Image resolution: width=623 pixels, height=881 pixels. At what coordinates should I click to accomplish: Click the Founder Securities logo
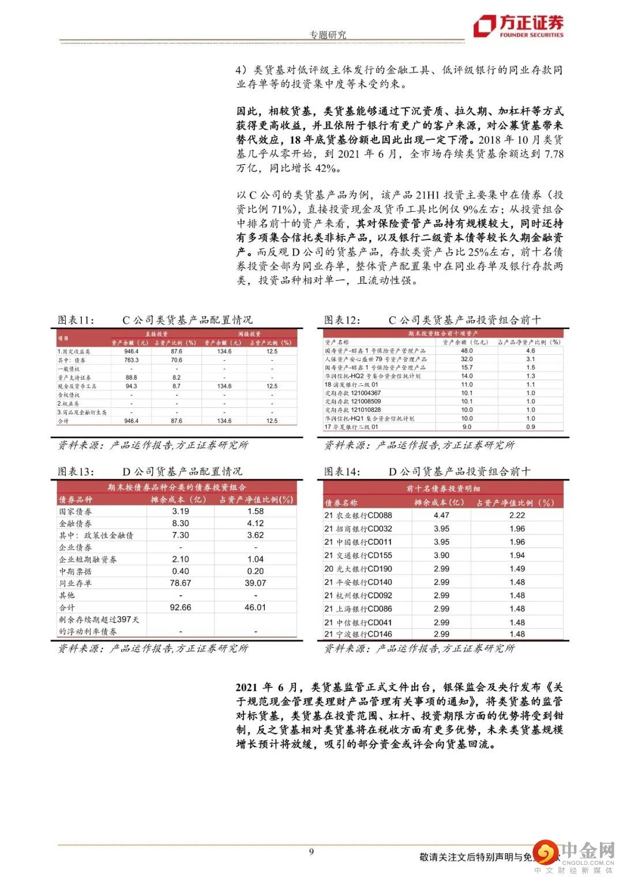pyautogui.click(x=518, y=25)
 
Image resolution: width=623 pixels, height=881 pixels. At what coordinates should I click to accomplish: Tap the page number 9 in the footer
pyautogui.click(x=311, y=852)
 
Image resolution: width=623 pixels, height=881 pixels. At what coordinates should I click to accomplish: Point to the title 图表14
pyautogui.click(x=342, y=471)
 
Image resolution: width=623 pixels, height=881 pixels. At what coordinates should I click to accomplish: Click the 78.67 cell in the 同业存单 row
pyautogui.click(x=181, y=583)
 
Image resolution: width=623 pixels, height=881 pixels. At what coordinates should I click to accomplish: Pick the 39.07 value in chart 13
pyautogui.click(x=255, y=583)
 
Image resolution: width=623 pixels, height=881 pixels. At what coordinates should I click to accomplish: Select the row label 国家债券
pyautogui.click(x=76, y=512)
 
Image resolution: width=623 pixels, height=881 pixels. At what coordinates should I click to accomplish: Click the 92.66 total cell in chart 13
pyautogui.click(x=181, y=608)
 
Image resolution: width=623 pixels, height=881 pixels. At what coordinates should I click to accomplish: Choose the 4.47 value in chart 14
pyautogui.click(x=441, y=515)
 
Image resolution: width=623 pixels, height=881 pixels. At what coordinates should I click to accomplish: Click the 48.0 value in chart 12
pyautogui.click(x=466, y=350)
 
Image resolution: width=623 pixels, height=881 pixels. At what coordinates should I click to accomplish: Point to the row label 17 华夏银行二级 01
pyautogui.click(x=351, y=427)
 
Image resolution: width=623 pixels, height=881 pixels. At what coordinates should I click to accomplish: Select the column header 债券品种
pyautogui.click(x=76, y=500)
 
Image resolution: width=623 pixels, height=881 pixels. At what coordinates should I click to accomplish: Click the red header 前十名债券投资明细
pyautogui.click(x=443, y=489)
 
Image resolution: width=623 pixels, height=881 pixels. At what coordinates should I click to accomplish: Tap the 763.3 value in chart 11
pyautogui.click(x=131, y=360)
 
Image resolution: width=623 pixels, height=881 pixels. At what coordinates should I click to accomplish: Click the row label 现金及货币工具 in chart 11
pyautogui.click(x=77, y=386)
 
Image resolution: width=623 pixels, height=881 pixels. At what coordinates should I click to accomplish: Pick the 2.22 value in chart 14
pyautogui.click(x=517, y=515)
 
